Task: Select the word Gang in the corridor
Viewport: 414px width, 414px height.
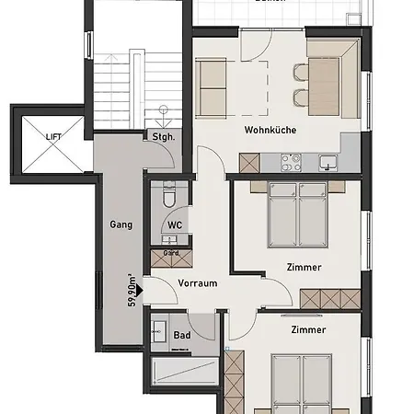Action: click(121, 224)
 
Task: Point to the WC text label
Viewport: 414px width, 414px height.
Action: click(175, 225)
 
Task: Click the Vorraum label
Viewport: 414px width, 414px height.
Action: click(198, 282)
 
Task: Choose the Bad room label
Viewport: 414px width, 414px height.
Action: click(183, 335)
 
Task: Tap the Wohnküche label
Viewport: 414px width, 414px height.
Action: click(270, 131)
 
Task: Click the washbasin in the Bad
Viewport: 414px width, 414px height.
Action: click(159, 332)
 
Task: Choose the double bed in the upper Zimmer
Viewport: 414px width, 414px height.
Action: click(296, 213)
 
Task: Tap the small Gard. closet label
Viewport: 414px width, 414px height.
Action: click(170, 253)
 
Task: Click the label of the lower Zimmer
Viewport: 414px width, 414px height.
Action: click(307, 328)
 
